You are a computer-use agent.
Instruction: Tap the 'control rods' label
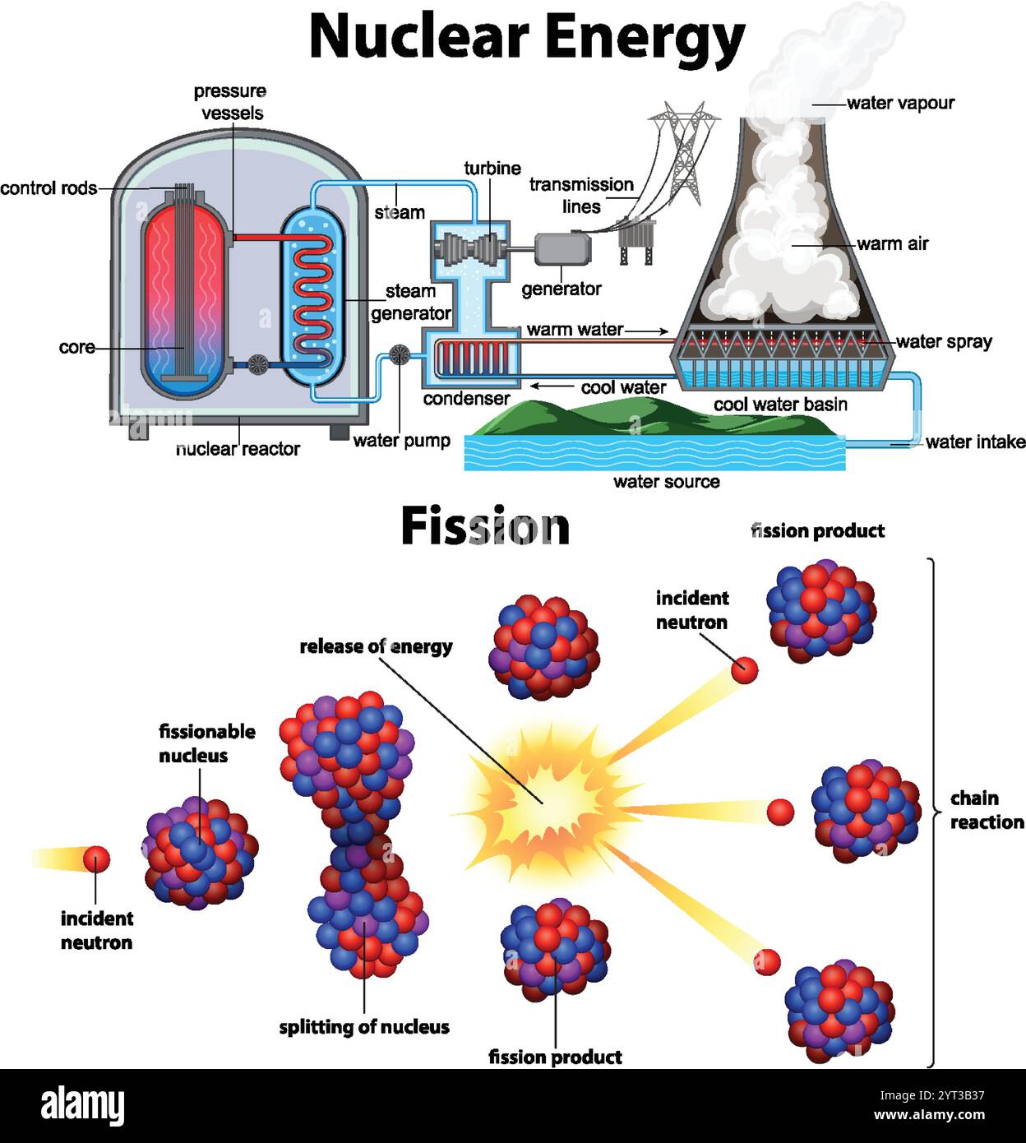coord(48,188)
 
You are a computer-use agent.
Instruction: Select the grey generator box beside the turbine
coord(562,249)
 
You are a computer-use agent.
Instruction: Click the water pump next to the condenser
coord(400,355)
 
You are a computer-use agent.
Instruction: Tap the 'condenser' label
coord(466,399)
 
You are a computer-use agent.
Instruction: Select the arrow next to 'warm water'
coord(648,331)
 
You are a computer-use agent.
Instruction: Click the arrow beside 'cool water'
coord(552,386)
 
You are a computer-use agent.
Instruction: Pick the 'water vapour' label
coord(900,104)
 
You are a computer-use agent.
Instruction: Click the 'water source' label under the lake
coord(666,482)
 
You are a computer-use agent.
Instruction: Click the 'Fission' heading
coord(485,526)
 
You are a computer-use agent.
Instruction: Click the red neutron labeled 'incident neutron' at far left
coord(96,860)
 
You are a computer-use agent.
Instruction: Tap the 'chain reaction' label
coord(986,810)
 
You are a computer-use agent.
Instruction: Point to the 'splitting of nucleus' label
coord(363,1027)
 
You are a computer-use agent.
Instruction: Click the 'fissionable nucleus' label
coord(206,743)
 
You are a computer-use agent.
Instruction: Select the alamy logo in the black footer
coord(82,1107)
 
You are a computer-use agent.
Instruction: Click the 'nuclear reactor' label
coord(238,449)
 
